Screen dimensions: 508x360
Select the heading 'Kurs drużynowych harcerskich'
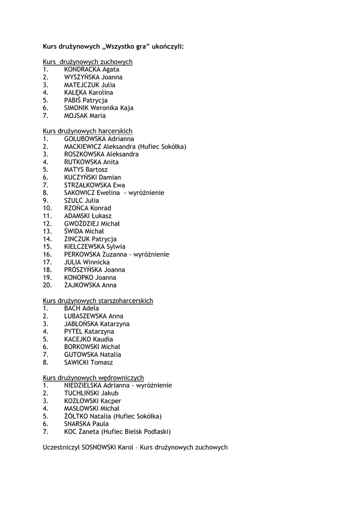tap(87, 131)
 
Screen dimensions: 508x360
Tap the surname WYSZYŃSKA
tap(82, 77)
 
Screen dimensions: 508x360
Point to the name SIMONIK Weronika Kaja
tap(98, 108)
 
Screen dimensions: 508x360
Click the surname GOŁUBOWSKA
tap(85, 139)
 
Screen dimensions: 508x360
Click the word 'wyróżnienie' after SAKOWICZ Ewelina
tap(146, 193)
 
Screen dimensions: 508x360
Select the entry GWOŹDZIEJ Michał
tap(91, 224)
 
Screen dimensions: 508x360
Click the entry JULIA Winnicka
tap(87, 262)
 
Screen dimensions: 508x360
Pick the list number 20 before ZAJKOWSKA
tap(47, 285)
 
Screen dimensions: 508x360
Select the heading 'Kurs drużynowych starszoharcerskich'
tap(98, 301)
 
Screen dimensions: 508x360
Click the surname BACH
tap(72, 308)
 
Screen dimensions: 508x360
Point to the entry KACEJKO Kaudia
tap(88, 339)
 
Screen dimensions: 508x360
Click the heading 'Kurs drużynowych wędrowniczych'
tap(93, 378)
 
